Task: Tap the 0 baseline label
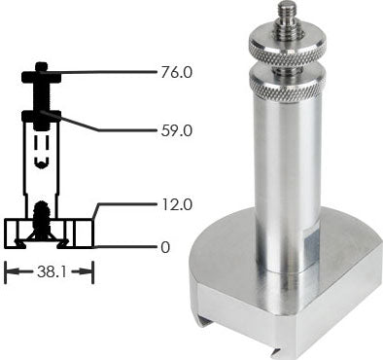point(165,247)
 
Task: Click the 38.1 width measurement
point(50,274)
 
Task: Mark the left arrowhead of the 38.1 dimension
point(10,274)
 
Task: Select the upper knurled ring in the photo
point(290,45)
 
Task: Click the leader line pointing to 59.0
point(97,125)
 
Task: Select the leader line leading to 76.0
point(102,72)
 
